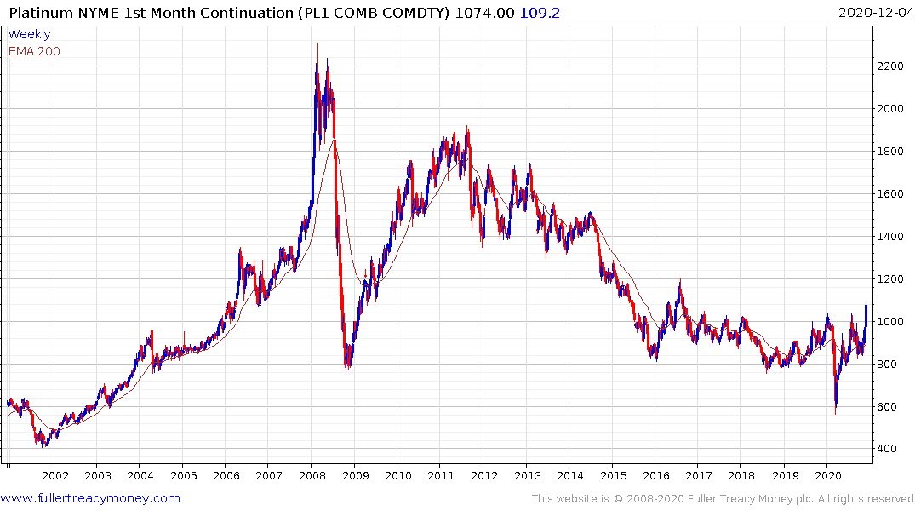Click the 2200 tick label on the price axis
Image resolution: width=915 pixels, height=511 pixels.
(895, 66)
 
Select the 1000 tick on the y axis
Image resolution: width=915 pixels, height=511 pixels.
(895, 321)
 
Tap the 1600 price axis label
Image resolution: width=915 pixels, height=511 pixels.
(895, 194)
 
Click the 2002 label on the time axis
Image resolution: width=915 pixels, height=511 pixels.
(54, 476)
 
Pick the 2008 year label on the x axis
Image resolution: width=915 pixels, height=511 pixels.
(312, 476)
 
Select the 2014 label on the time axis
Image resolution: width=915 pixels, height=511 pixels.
(570, 476)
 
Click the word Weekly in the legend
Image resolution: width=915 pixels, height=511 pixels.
(29, 34)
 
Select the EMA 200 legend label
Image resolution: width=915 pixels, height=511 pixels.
(35, 51)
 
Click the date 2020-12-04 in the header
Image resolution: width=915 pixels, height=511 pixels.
(873, 13)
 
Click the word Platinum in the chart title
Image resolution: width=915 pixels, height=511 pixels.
(39, 13)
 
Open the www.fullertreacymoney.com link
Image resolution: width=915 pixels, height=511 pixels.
(90, 498)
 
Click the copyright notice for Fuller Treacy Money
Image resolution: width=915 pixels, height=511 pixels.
(723, 498)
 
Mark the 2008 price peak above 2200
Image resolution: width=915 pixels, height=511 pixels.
(317, 44)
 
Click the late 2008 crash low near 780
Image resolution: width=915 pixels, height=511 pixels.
(347, 369)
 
